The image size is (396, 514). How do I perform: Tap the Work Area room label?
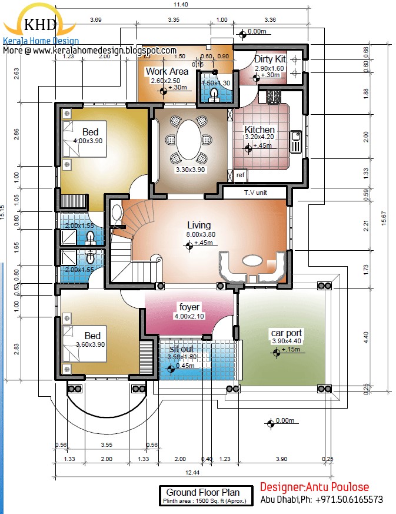point(167,72)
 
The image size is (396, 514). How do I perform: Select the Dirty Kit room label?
point(270,59)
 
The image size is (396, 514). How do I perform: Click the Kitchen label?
point(259,130)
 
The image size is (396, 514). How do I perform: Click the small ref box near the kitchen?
point(240,175)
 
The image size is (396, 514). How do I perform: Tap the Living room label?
point(199,225)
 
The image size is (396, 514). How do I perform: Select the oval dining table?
point(189,140)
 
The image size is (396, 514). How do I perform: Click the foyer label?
point(189,307)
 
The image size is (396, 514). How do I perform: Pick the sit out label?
point(181,349)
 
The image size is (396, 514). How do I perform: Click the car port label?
point(286,333)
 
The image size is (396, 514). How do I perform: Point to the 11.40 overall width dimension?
point(181,5)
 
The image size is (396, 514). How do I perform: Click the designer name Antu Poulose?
point(339,487)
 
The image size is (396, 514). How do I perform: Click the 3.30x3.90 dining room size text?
point(191,170)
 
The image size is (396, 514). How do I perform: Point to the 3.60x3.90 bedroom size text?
point(90,344)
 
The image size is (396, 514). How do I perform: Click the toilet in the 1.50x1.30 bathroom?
point(214,96)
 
